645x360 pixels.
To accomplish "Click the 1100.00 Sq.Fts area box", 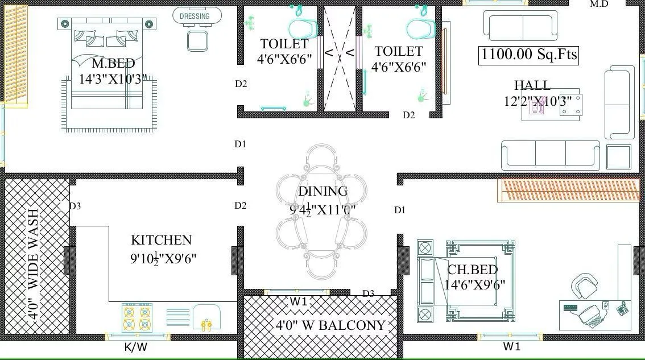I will [528, 55].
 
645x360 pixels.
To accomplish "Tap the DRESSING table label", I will [195, 16].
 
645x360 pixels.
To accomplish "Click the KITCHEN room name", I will [161, 240].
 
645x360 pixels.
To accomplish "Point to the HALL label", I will [532, 85].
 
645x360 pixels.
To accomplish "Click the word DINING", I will [323, 191].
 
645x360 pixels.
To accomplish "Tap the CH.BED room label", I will [472, 270].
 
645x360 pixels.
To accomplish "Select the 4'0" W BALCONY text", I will [330, 326].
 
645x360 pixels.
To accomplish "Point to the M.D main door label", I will [599, 4].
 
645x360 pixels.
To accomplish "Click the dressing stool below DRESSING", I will [197, 40].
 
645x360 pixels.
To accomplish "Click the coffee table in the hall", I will [551, 105].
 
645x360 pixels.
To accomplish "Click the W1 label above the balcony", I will [299, 301].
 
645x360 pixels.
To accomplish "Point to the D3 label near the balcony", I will [369, 293].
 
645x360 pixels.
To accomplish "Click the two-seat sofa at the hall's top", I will [520, 26].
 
